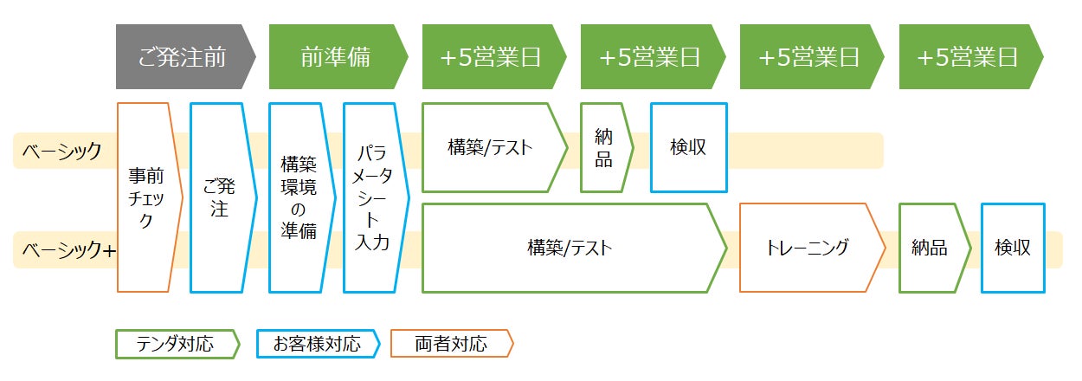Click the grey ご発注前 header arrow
184,57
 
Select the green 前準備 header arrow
337,57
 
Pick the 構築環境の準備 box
299,198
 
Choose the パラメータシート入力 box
373,198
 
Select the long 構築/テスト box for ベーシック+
571,248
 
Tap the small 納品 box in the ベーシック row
605,147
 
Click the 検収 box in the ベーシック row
688,147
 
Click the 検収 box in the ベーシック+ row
1013,248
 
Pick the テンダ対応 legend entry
176,344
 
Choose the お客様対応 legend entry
317,344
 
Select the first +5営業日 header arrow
492,57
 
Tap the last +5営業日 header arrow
969,57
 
